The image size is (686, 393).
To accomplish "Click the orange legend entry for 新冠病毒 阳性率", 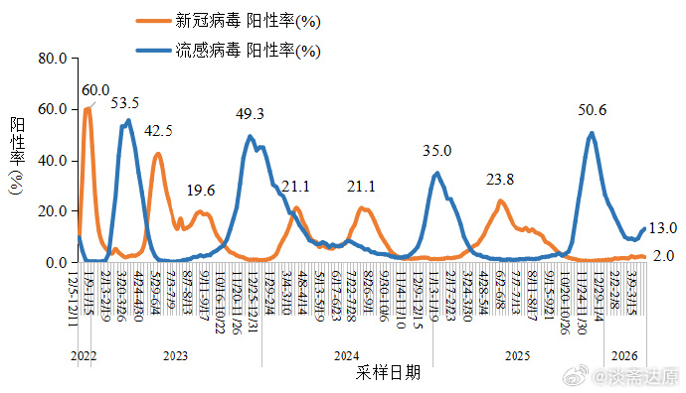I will coord(249,20).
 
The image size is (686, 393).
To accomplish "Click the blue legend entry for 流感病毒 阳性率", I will coord(249,49).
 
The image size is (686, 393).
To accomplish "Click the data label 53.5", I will coord(124,102).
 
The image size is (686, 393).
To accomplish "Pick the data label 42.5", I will coord(158,131).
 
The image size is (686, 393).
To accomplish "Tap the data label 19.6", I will coord(200,191).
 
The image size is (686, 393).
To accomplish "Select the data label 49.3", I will coord(249,114).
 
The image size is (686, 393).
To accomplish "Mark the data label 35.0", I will coord(436,151).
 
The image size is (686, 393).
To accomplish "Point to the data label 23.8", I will coord(500,180).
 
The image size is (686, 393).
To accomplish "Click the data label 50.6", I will coord(592,110).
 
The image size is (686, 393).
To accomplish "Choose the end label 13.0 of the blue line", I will coord(662,228).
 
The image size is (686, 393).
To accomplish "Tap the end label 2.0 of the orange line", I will coord(664,256).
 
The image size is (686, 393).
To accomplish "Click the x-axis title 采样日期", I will coord(387,373).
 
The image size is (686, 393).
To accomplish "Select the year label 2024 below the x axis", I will coord(346,355).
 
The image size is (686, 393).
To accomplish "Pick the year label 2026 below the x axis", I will coord(624,355).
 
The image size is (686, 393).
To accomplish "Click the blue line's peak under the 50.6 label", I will coord(592,133).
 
